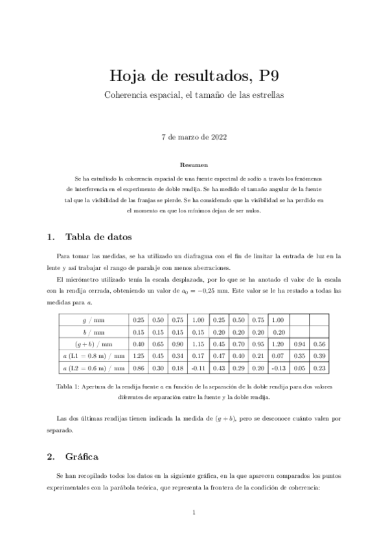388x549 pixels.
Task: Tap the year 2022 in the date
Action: point(217,137)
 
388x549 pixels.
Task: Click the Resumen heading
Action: point(194,165)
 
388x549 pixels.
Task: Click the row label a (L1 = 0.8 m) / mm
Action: point(93,356)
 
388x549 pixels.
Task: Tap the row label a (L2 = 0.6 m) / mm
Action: point(93,368)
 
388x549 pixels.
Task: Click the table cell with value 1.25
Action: point(138,356)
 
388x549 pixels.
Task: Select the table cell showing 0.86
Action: point(138,368)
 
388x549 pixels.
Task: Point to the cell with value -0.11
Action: point(198,368)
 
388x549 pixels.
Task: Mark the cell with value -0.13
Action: point(278,368)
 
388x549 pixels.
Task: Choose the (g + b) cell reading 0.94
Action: point(299,344)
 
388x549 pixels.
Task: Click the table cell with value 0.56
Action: point(319,344)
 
